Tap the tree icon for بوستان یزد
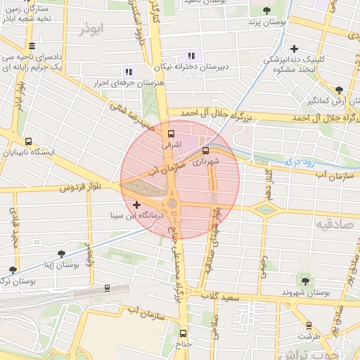pos(266,10)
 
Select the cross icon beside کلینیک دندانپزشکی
pos(295,49)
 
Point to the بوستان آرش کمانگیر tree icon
pos(339,89)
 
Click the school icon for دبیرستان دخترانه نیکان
pos(190,56)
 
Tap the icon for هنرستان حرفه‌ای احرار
pos(128,71)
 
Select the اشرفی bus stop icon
pos(169,132)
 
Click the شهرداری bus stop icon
pos(205,150)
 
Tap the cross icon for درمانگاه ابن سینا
pos(137,205)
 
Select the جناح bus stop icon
pos(184,333)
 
